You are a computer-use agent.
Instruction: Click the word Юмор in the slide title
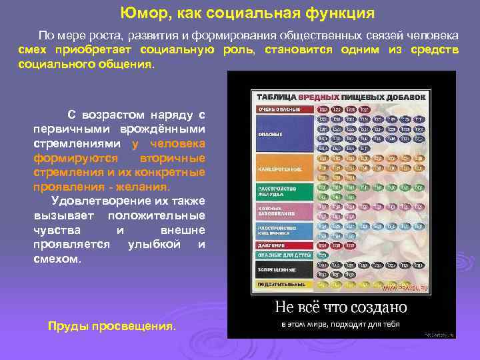[x=141, y=13]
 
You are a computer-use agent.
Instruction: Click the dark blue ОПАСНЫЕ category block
[x=284, y=133]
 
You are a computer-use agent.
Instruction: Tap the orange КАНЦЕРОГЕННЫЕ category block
[x=284, y=168]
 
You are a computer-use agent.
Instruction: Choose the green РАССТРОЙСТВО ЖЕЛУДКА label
[x=284, y=191]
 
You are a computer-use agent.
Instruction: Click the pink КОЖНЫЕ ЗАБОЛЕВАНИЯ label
[x=284, y=212]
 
